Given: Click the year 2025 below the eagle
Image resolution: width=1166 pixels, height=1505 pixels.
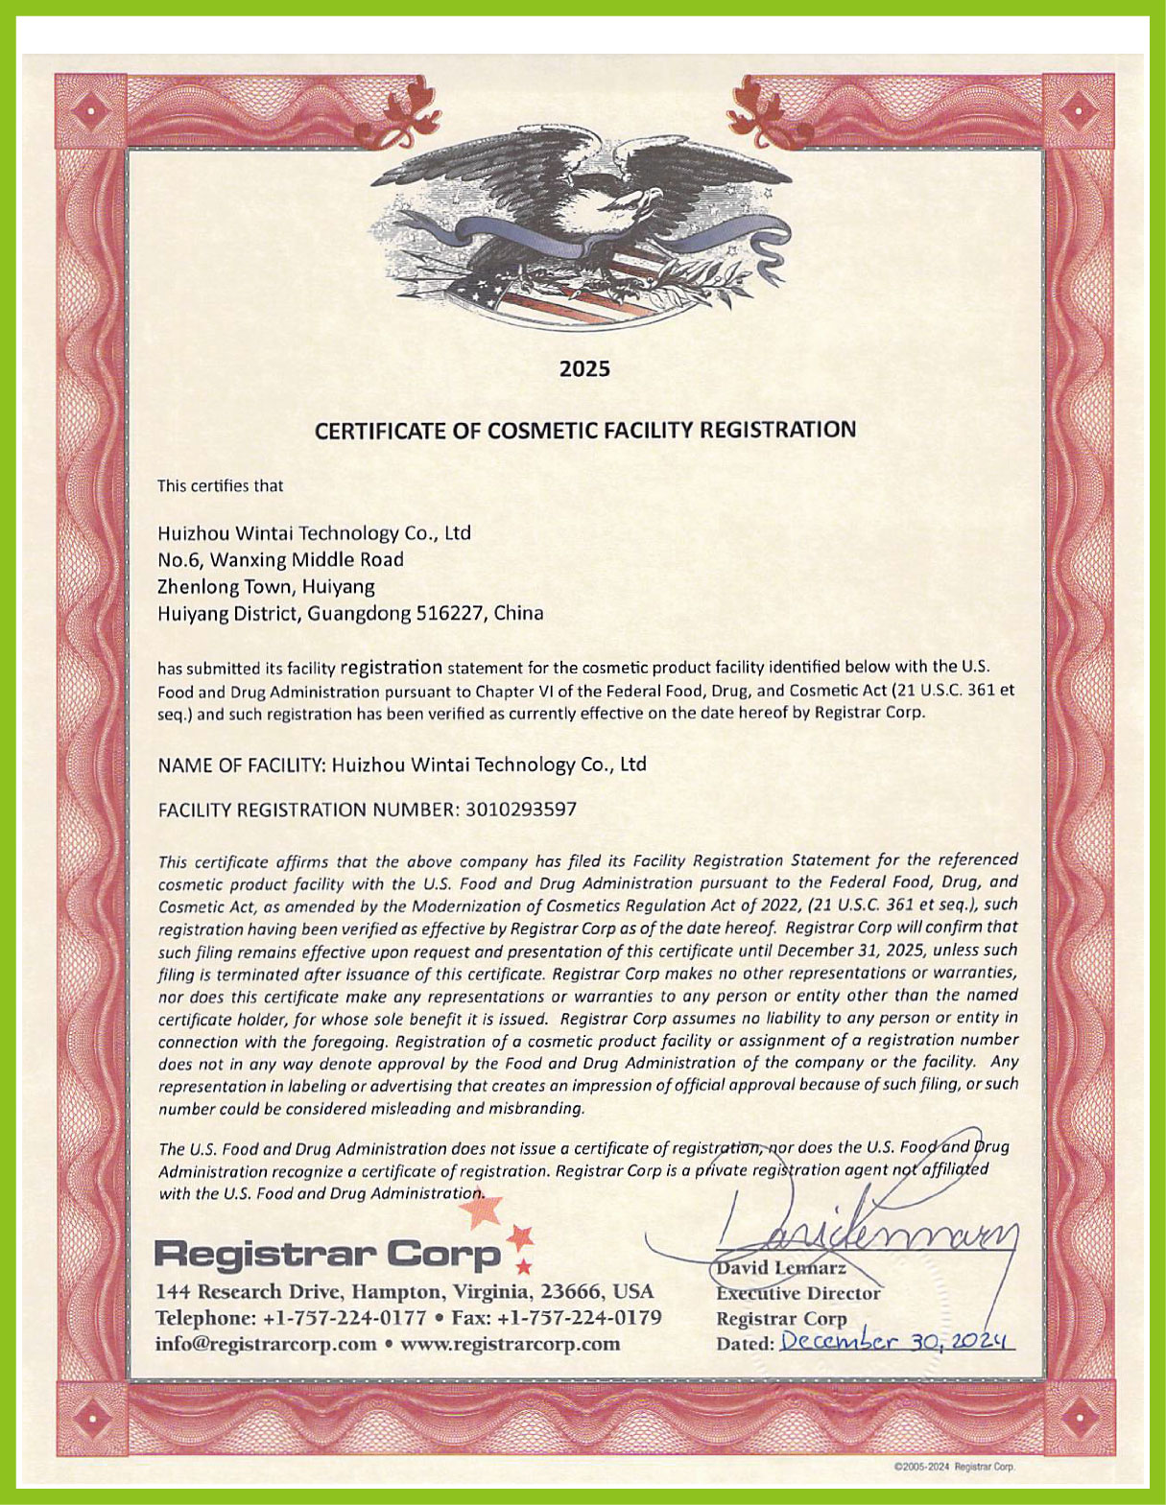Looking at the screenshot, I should click(x=584, y=369).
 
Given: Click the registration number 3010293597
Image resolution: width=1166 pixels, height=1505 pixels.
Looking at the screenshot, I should click(x=521, y=809).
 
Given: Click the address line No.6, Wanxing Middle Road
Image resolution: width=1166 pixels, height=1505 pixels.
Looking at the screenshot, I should click(x=280, y=559).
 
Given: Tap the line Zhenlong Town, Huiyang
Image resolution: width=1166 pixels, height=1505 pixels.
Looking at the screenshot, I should click(x=266, y=586).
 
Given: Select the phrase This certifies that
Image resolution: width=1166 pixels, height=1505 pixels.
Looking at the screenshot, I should click(x=220, y=485).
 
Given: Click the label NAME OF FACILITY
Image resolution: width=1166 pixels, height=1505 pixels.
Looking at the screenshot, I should click(x=240, y=765).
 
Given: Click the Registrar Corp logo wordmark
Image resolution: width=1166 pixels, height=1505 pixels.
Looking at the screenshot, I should click(x=327, y=1254).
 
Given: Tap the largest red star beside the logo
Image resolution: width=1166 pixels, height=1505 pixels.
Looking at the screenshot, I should click(x=481, y=1211).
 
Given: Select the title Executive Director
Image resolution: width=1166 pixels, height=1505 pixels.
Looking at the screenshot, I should click(x=797, y=1293).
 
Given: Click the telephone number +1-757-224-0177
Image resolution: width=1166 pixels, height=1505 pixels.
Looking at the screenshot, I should click(x=345, y=1318).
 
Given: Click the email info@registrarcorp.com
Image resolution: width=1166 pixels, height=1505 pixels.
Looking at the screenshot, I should click(x=266, y=1343).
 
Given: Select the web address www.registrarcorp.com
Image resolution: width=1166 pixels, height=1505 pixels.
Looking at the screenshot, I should click(x=510, y=1343).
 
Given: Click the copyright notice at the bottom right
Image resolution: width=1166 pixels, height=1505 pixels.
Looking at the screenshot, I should click(x=953, y=1467).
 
